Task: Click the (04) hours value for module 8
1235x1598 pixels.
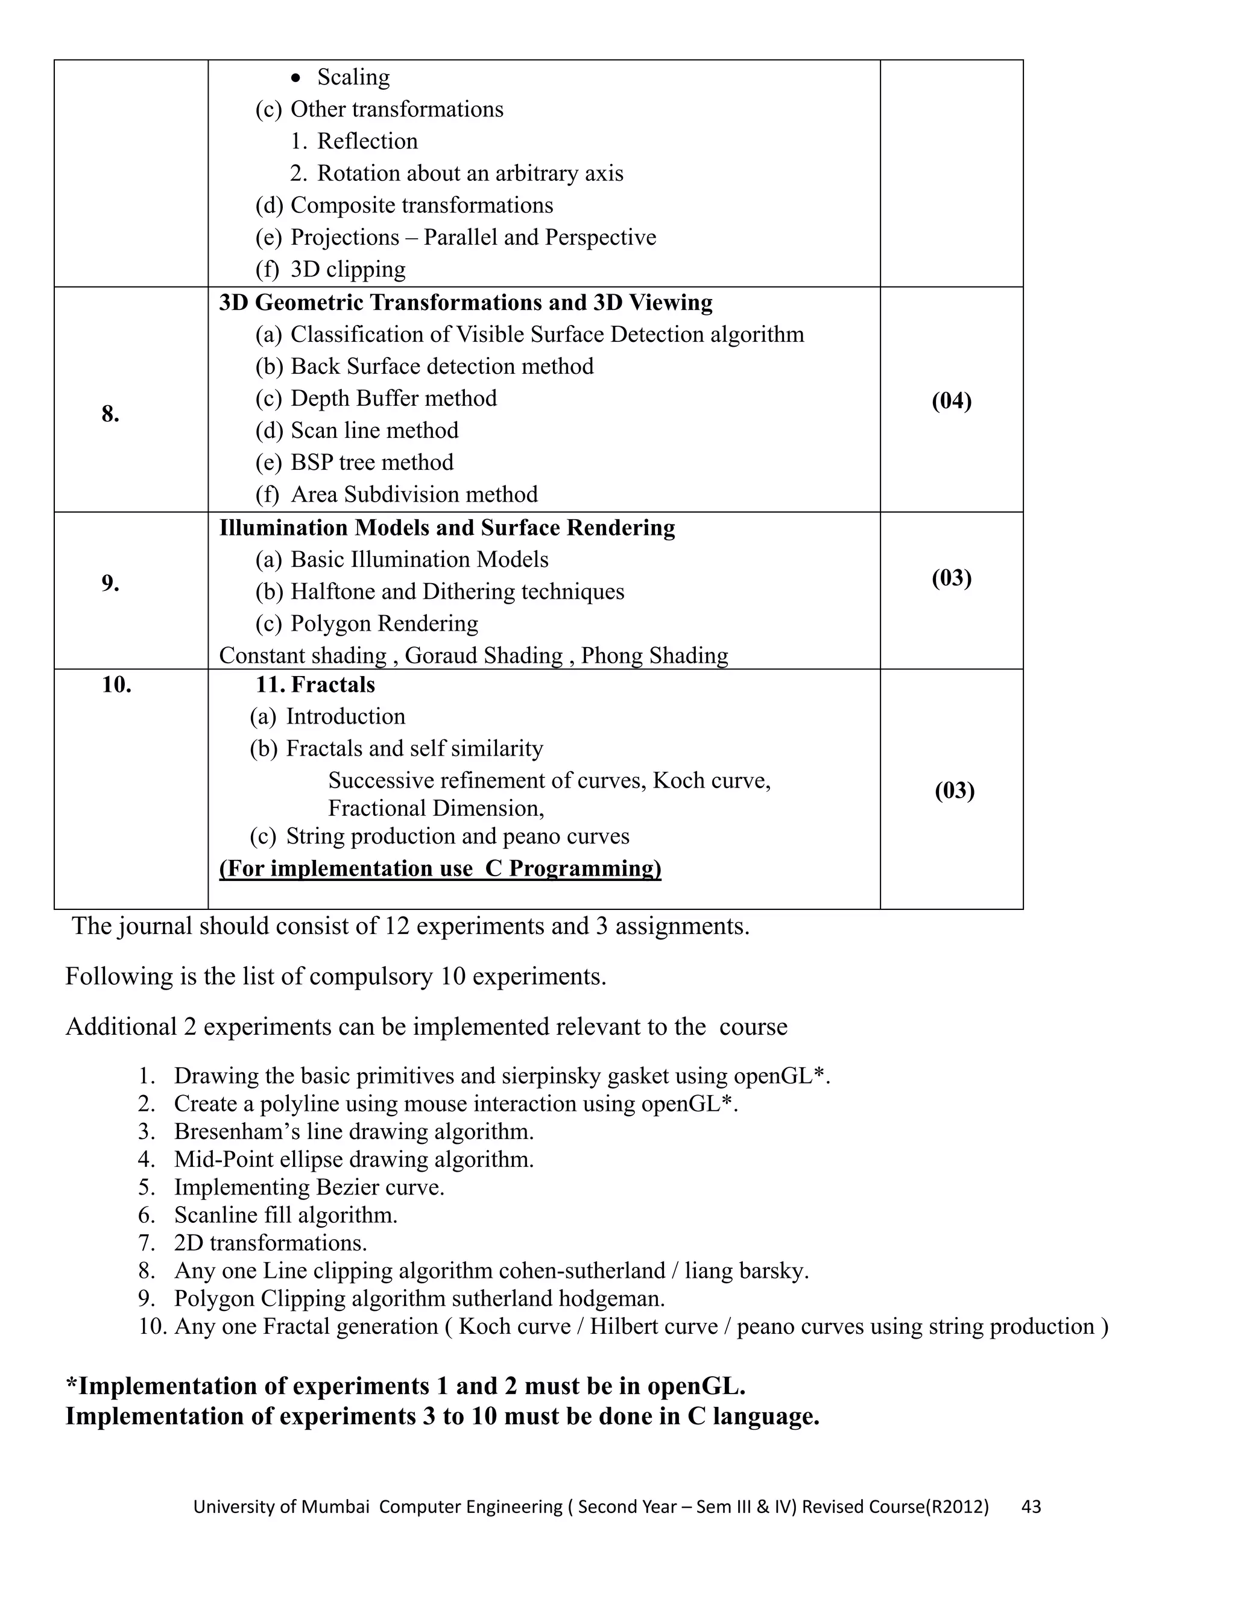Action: coord(951,401)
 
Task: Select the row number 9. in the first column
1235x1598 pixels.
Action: coord(110,583)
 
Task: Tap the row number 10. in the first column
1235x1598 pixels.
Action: coord(116,685)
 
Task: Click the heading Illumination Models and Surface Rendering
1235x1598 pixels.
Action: coord(447,528)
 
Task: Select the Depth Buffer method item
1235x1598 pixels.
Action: coord(394,398)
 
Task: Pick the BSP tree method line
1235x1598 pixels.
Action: coord(371,463)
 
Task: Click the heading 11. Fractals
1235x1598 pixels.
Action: coord(315,685)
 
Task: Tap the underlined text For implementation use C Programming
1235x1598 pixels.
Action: coord(440,868)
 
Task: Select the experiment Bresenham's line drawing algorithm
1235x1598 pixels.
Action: coord(353,1132)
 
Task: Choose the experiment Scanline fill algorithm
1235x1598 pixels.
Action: coord(285,1215)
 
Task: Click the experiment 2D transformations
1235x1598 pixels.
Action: coord(270,1243)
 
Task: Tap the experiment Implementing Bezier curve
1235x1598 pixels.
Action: coord(309,1187)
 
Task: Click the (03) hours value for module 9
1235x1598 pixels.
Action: coord(951,578)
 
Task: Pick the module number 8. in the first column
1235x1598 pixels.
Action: coord(110,414)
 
